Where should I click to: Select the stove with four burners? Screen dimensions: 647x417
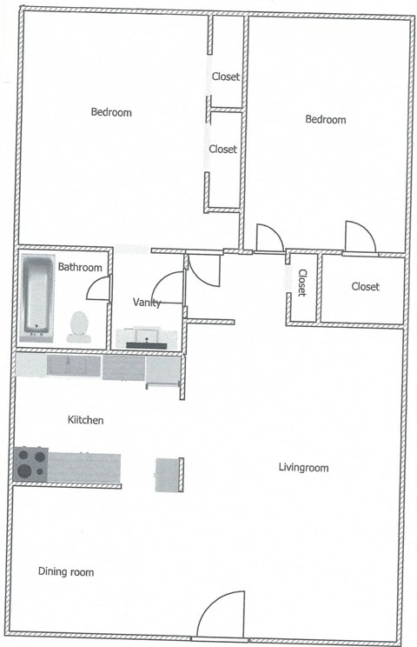31,464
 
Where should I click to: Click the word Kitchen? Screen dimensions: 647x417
86,420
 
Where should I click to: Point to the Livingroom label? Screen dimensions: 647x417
303,468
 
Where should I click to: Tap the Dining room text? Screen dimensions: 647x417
66,572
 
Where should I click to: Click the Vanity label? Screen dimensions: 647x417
146,302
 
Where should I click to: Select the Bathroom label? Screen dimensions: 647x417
80,267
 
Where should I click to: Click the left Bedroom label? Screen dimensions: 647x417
111,112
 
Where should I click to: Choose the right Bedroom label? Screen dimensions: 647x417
326,120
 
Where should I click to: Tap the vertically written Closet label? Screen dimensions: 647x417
302,283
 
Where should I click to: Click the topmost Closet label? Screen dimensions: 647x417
226,77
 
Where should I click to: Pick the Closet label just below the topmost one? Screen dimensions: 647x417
222,150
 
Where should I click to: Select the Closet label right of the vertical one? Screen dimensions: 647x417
365,287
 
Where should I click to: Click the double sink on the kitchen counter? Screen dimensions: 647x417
73,366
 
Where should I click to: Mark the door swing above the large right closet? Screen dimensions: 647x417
359,237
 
